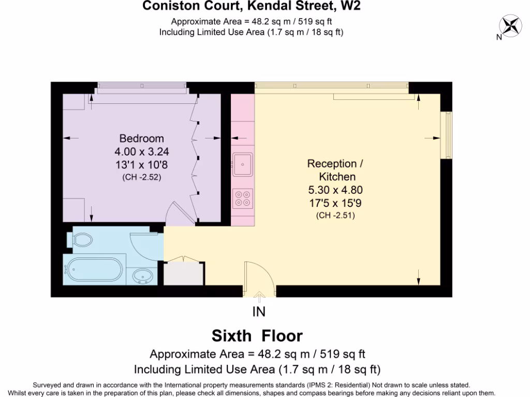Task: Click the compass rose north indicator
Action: pyautogui.click(x=510, y=26)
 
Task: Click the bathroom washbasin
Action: pyautogui.click(x=141, y=276)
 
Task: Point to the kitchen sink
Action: pyautogui.click(x=242, y=164)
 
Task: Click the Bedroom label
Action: pyautogui.click(x=142, y=139)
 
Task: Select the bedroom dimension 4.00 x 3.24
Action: pyautogui.click(x=142, y=152)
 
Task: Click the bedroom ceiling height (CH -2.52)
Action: pyautogui.click(x=142, y=177)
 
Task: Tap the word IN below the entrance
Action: pyautogui.click(x=259, y=311)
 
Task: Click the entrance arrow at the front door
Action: pyautogui.click(x=259, y=295)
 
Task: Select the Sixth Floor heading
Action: pyautogui.click(x=257, y=335)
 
